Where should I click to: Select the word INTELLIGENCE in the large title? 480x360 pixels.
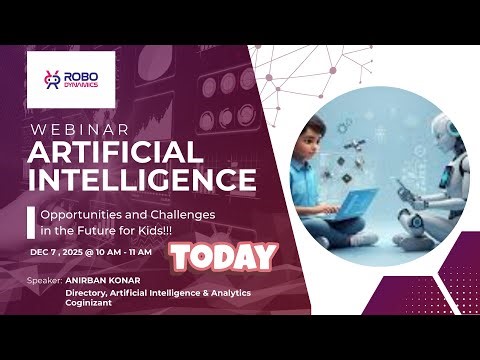coord(141,180)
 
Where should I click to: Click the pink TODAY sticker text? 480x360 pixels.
coord(223,258)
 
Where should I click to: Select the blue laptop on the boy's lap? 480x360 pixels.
coord(346,205)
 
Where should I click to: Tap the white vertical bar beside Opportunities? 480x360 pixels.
coord(30,222)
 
